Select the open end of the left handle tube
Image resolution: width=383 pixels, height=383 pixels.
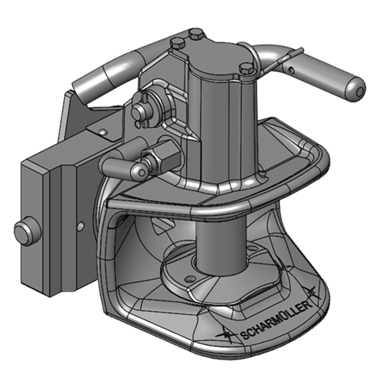tap(79, 90)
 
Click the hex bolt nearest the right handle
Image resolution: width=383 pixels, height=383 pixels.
tap(246, 68)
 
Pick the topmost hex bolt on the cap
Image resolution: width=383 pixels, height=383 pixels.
tap(194, 35)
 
